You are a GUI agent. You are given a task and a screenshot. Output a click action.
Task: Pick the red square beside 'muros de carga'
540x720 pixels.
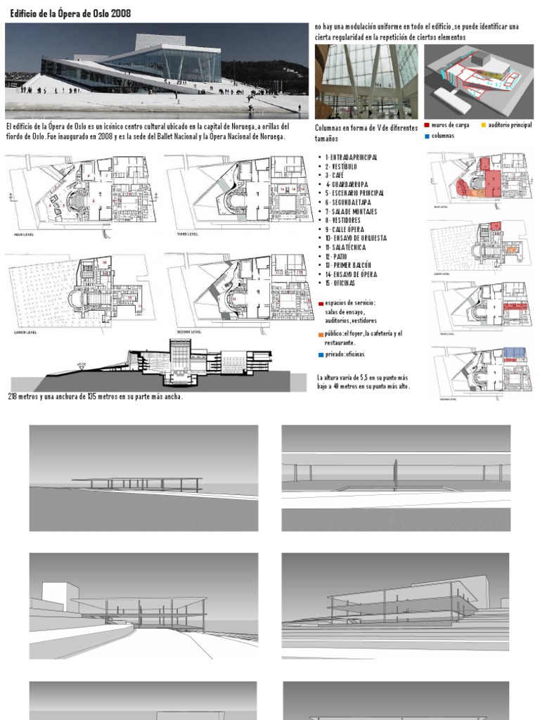pos(426,125)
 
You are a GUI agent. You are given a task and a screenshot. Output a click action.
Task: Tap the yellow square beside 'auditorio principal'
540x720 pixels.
pos(484,125)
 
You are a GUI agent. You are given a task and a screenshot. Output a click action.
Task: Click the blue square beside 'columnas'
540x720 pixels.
pos(426,136)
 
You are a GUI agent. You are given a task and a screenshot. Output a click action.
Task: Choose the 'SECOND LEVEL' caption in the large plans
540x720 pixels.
pos(188,332)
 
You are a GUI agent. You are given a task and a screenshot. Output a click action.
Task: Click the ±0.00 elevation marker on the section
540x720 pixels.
pos(81,365)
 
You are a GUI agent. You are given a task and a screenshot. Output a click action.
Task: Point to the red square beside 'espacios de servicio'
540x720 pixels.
pos(321,304)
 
